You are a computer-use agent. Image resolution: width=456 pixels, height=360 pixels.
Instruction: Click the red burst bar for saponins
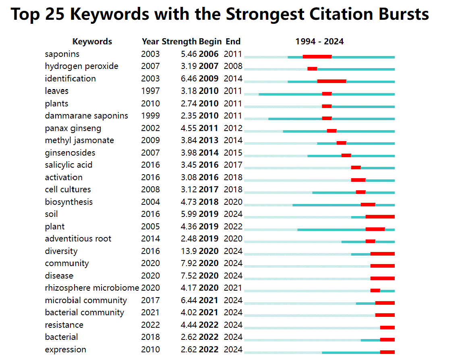click(317, 57)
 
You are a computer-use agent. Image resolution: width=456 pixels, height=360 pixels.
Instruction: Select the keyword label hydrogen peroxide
click(81, 66)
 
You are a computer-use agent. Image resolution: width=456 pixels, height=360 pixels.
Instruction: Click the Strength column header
click(179, 42)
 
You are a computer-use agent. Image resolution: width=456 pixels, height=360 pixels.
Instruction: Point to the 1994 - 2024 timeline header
click(319, 42)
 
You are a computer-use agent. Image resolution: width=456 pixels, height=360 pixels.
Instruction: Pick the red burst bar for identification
click(332, 81)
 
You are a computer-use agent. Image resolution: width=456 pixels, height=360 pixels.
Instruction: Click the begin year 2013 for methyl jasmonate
click(209, 140)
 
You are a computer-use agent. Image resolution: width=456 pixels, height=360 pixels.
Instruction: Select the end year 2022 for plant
click(233, 227)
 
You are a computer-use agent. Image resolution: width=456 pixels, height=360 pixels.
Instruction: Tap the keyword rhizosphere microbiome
click(92, 288)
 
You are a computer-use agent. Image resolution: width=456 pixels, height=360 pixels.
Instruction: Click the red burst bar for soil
click(380, 217)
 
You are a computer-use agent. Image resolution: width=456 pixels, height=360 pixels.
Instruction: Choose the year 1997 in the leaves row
click(150, 91)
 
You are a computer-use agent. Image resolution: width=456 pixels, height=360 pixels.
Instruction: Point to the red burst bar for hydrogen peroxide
click(312, 69)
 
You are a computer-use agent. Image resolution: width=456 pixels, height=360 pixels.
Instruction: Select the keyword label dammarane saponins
click(86, 116)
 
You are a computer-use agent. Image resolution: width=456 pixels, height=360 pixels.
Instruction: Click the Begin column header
click(210, 42)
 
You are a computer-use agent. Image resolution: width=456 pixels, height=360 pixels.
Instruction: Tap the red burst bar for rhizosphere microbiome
click(375, 291)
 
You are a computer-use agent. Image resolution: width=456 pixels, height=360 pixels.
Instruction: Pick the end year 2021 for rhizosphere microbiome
click(233, 288)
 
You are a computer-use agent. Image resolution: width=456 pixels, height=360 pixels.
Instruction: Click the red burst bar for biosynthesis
click(368, 204)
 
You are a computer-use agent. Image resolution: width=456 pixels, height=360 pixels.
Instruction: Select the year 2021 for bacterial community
click(150, 312)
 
